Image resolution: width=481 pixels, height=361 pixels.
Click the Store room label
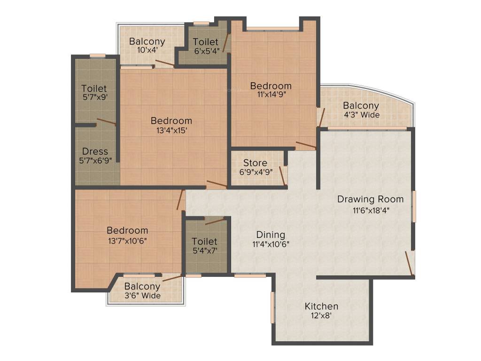pos(255,163)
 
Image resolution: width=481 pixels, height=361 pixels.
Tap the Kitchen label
pos(321,306)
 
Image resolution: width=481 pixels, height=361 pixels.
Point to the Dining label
pos(271,235)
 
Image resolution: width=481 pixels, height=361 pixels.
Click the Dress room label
pos(95,151)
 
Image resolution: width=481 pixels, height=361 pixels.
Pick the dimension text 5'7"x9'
pos(94,98)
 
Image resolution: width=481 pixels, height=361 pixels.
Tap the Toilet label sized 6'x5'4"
pos(206,42)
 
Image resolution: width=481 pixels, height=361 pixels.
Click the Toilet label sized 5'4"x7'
pos(204,241)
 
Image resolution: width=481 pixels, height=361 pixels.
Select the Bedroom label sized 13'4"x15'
pos(171,121)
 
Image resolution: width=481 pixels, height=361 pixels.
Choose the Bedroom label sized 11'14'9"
pos(271,86)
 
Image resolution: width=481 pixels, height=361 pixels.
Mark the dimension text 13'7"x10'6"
pos(127,241)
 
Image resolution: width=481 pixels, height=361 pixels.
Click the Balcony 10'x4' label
pos(147,41)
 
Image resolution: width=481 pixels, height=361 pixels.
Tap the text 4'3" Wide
pos(361,115)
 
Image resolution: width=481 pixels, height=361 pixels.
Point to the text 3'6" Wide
pos(142,296)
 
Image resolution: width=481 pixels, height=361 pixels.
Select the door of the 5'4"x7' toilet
pos(214,221)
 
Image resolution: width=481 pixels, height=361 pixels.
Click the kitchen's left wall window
pos(272,307)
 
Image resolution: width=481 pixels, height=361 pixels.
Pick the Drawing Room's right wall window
pos(414,206)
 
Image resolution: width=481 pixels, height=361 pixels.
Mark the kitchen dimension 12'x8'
pos(321,316)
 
